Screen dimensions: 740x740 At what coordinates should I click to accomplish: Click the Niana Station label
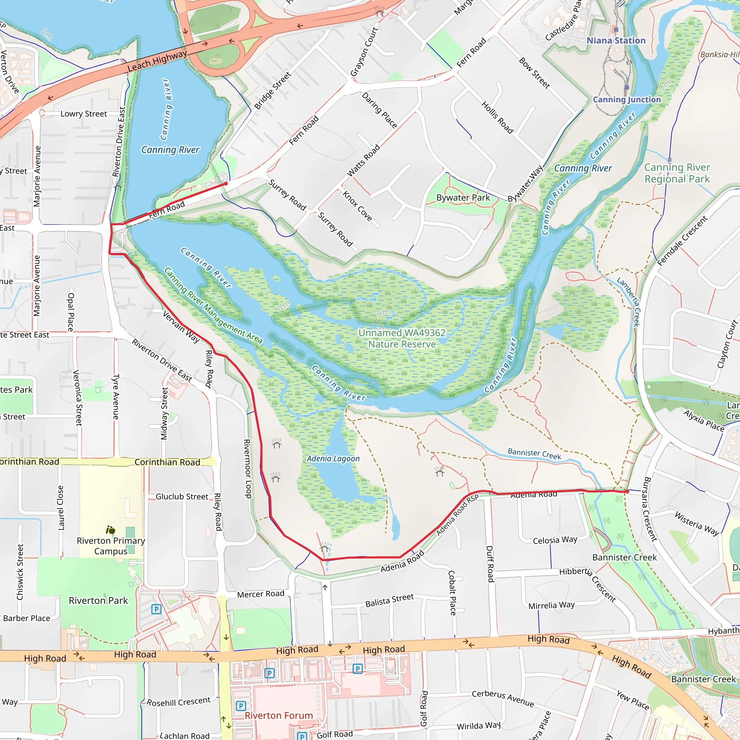[616, 40]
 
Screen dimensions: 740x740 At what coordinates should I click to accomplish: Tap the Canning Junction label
[627, 100]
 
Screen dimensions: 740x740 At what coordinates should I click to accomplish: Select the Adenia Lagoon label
[333, 459]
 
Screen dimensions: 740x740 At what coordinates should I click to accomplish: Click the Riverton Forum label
[279, 715]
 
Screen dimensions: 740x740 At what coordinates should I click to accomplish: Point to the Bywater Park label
[463, 198]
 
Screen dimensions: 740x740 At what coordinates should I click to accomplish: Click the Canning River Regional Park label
[677, 173]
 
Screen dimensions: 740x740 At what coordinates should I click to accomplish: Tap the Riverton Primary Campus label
[111, 546]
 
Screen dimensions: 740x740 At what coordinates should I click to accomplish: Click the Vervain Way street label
[181, 327]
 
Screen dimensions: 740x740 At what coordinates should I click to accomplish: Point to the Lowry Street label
[83, 114]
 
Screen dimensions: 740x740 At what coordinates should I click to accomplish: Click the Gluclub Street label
[182, 496]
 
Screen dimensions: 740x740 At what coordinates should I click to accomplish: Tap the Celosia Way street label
[555, 540]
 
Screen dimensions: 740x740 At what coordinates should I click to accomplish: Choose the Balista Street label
[390, 600]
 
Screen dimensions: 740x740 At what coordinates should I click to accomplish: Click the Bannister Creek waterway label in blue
[534, 454]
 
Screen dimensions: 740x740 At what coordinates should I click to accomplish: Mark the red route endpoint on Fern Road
[226, 184]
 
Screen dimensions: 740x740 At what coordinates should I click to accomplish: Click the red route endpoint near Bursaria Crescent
[627, 491]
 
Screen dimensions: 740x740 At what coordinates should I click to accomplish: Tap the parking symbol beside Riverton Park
[156, 609]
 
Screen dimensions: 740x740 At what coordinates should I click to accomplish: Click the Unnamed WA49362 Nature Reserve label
[402, 338]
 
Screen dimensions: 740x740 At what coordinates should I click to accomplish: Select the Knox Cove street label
[357, 206]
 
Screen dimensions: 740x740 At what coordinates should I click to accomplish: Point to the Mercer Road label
[261, 594]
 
